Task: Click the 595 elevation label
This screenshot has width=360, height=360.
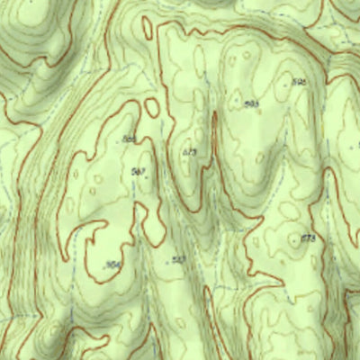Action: click(300, 82)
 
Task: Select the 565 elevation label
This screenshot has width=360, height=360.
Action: click(130, 139)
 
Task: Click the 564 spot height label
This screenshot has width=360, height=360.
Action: click(112, 265)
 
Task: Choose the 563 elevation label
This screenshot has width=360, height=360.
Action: click(178, 260)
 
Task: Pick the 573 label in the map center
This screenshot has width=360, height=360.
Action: click(189, 153)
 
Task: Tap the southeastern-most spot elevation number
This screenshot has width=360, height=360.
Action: click(308, 238)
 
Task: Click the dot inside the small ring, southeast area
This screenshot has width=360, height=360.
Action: click(296, 240)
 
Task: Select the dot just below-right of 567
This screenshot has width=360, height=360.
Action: click(147, 177)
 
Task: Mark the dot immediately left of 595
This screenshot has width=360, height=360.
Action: click(290, 83)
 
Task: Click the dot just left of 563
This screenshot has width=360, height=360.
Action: click(168, 262)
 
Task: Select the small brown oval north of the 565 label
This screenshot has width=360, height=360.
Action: click(150, 105)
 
